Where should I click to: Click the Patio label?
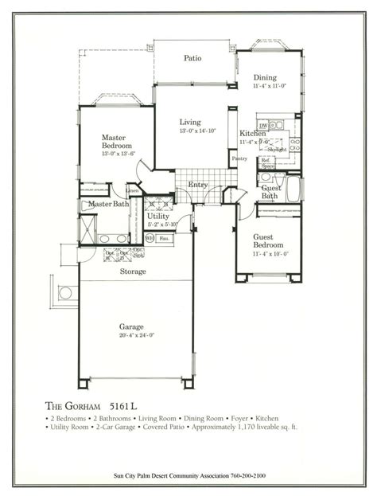pyautogui.click(x=192, y=58)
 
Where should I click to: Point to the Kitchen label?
pyautogui.click(x=253, y=135)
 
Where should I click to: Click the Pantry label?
pyautogui.click(x=239, y=158)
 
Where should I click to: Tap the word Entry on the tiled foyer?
pyautogui.click(x=198, y=185)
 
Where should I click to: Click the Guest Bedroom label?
pyautogui.click(x=269, y=241)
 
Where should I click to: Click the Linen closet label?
pyautogui.click(x=133, y=191)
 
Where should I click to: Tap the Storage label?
pyautogui.click(x=133, y=271)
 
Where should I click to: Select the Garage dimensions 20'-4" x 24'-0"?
pyautogui.click(x=133, y=334)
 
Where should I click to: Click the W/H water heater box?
pyautogui.click(x=150, y=237)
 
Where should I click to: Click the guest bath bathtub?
pyautogui.click(x=291, y=189)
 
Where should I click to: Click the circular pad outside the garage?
pyautogui.click(x=65, y=293)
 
